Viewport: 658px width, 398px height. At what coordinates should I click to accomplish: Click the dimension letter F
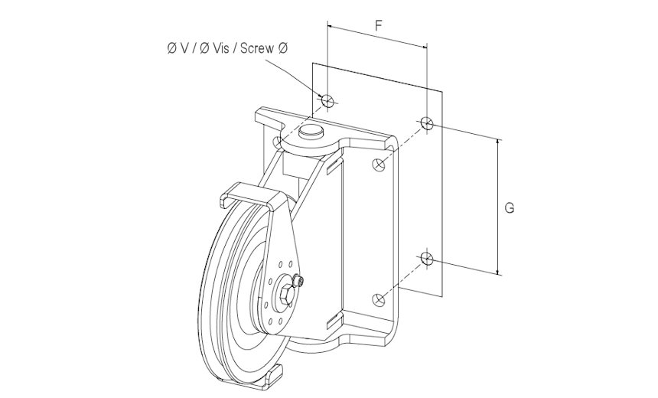378,25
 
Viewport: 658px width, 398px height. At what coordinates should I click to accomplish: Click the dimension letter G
510,207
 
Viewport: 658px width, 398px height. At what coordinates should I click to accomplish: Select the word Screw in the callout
257,49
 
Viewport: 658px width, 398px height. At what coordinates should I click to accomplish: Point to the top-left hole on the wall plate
327,99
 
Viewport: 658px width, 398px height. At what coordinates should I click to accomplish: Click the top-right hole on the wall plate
427,122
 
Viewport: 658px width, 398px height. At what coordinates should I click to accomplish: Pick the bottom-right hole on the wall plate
427,259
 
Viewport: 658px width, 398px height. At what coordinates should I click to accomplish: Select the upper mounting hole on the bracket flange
377,164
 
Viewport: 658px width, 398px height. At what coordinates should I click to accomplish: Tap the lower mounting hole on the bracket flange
376,298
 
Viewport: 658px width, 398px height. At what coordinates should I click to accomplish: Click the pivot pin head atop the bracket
310,132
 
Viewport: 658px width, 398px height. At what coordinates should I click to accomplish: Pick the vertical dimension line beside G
498,207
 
